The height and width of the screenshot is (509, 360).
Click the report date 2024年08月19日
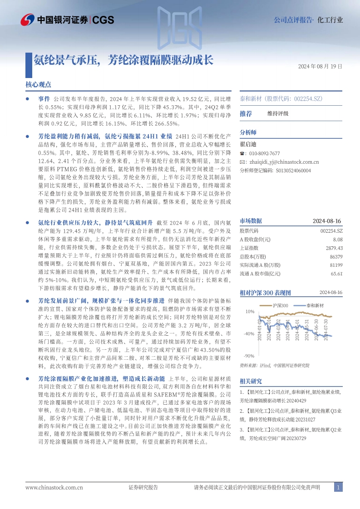tap(320, 66)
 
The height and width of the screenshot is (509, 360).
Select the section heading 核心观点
tap(39, 84)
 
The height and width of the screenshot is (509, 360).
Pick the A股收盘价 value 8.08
tap(337, 239)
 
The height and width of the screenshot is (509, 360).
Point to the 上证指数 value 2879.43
tap(334, 248)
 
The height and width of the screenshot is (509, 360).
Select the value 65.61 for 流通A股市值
tap(336, 274)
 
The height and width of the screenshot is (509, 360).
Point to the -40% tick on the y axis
tap(248, 334)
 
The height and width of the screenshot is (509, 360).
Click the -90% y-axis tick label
tap(248, 356)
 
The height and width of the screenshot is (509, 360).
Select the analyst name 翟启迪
tap(248, 144)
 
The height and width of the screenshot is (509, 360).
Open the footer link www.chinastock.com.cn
tap(54, 487)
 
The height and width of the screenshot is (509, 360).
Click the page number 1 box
tap(338, 487)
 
